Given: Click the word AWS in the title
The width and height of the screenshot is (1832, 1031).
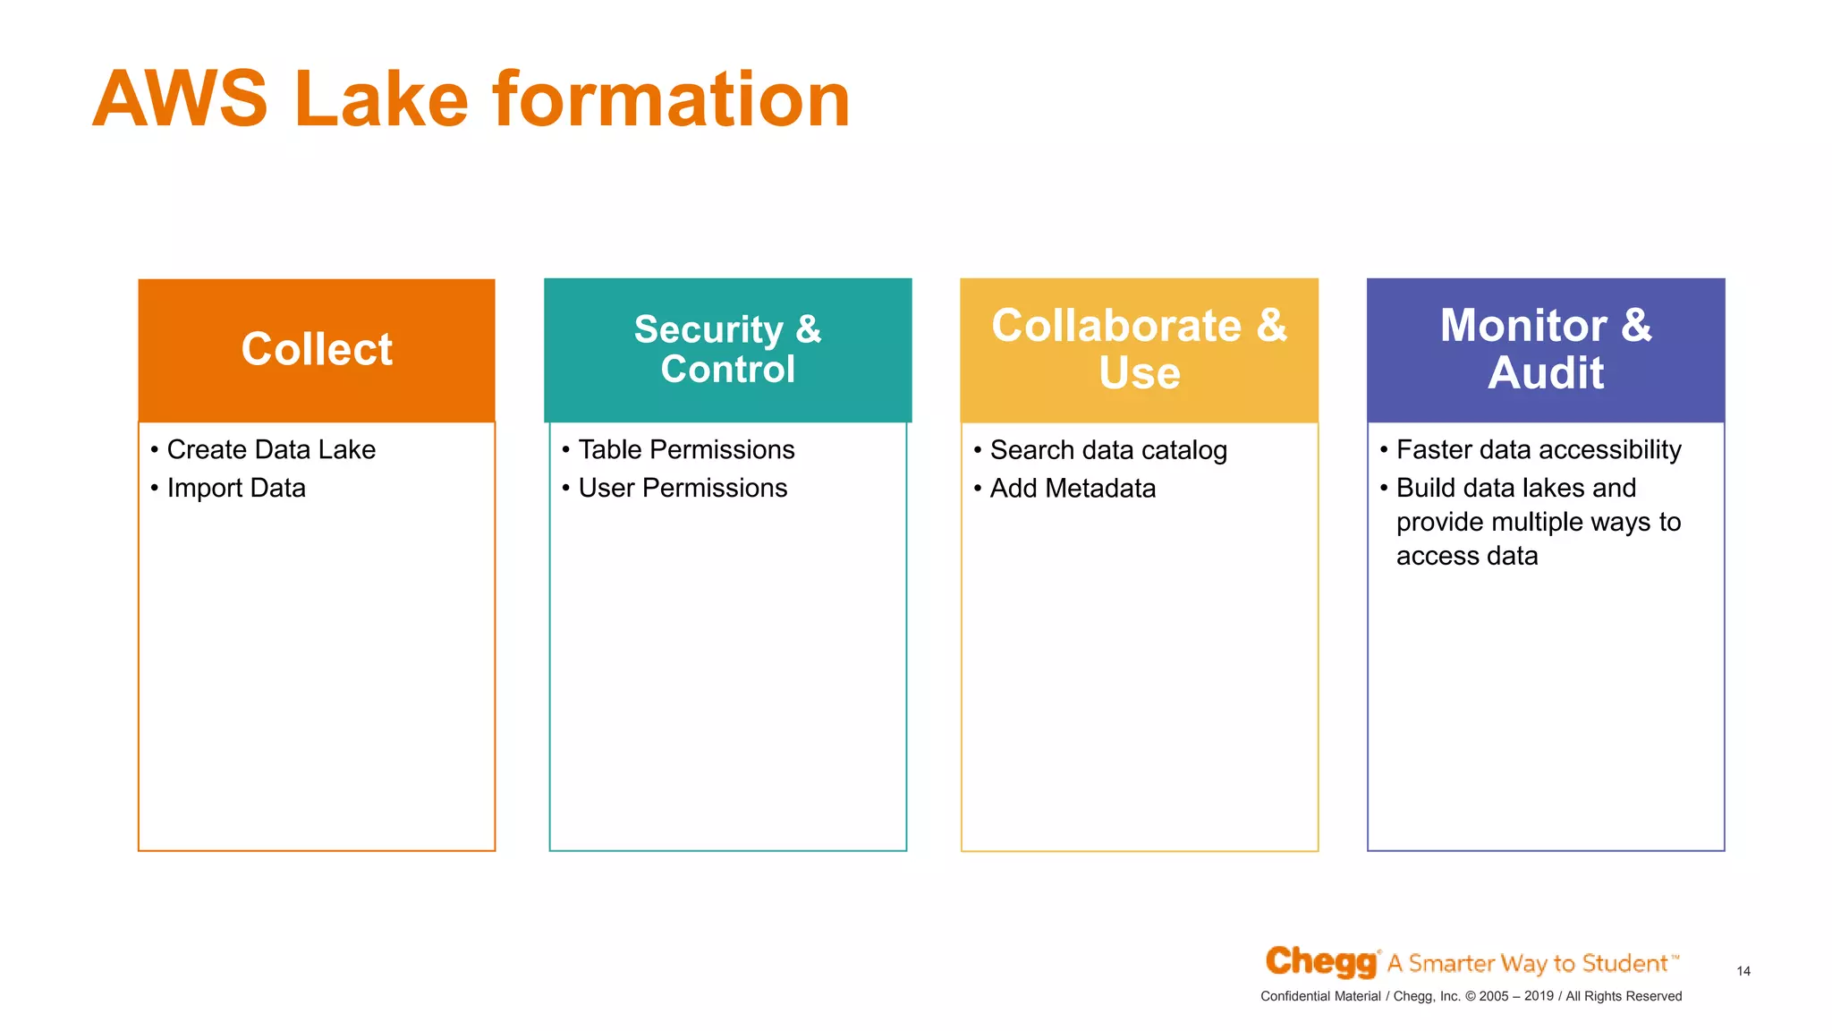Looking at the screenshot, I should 180,99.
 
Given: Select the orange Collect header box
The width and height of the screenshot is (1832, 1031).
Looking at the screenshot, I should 317,350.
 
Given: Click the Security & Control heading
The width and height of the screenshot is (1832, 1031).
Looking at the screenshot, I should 727,349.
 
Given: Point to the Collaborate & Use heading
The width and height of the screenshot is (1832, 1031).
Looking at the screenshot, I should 1139,349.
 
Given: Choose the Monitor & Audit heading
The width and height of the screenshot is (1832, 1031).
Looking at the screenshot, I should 1545,349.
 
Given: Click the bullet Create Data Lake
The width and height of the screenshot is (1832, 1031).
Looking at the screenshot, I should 271,449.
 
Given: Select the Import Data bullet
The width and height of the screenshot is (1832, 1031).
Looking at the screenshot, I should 236,488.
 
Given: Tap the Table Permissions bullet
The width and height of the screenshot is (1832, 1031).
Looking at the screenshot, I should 686,449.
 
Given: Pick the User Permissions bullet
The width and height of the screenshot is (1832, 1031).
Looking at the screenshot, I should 683,488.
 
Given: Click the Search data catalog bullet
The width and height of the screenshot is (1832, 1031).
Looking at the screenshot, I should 1108,450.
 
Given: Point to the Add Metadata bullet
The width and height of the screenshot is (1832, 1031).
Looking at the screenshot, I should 1073,489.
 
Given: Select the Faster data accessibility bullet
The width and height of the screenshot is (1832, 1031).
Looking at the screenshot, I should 1539,449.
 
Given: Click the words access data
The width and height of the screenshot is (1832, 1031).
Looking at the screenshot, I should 1467,556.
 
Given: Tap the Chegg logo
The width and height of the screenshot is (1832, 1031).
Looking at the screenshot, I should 1321,962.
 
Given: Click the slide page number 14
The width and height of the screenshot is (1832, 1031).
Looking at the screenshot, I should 1743,971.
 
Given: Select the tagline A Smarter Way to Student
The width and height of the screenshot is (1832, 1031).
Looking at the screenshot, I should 1531,963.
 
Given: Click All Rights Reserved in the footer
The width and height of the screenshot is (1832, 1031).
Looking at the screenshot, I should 1624,996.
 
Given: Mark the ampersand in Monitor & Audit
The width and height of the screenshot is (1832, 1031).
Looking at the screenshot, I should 1636,325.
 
